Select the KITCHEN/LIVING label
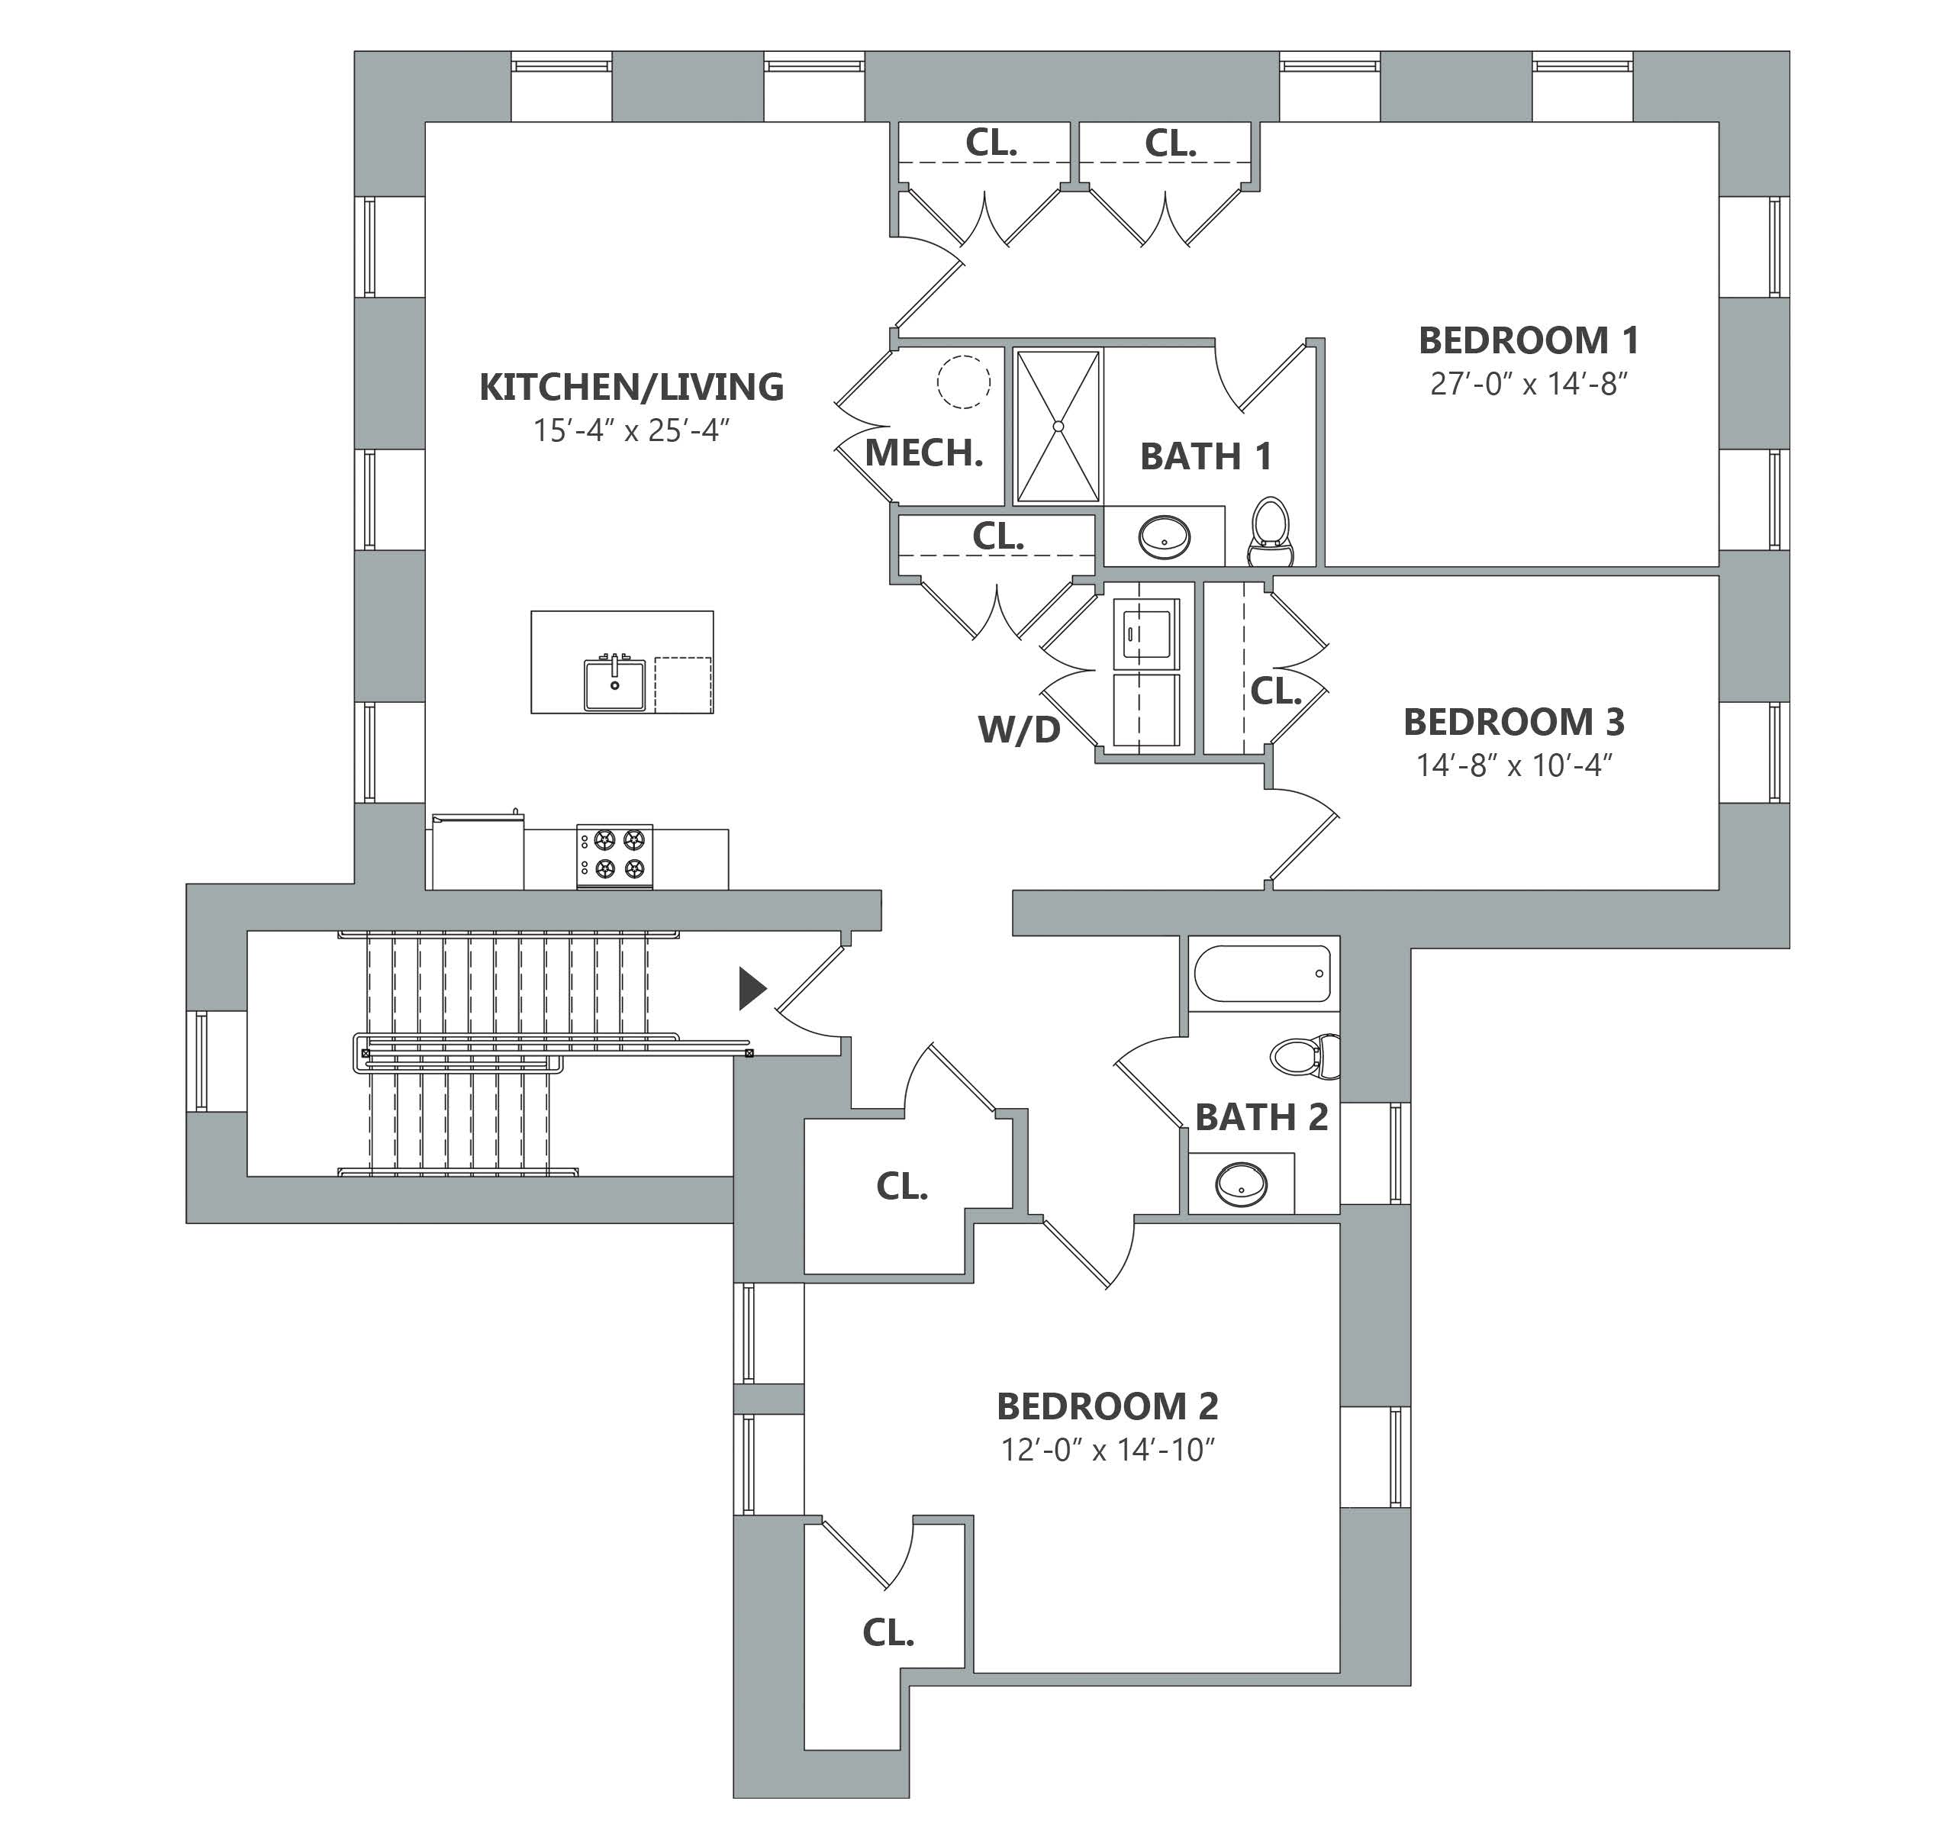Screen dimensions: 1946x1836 pyautogui.click(x=631, y=388)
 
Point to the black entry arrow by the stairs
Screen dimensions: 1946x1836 pyautogui.click(x=752, y=988)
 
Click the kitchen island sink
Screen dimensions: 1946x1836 pyautogui.click(x=615, y=683)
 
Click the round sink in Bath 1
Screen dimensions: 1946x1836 pyautogui.click(x=1164, y=536)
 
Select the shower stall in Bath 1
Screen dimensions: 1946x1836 pyautogui.click(x=1058, y=427)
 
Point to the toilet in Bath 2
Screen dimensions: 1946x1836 pyautogui.click(x=1305, y=1056)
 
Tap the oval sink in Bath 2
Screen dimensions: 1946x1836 pyautogui.click(x=1241, y=1184)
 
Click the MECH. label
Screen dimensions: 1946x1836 pyautogui.click(x=924, y=453)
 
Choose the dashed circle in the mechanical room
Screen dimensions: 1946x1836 pyautogui.click(x=964, y=381)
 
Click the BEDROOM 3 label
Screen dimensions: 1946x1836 pyautogui.click(x=1513, y=722)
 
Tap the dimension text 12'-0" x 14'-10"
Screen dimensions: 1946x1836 pyautogui.click(x=1107, y=1449)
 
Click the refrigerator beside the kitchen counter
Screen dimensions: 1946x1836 pyautogui.click(x=478, y=852)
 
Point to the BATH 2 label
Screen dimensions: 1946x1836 pyautogui.click(x=1261, y=1118)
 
